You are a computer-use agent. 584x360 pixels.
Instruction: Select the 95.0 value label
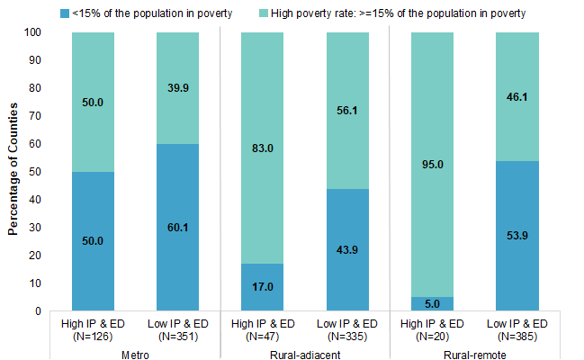(x=431, y=165)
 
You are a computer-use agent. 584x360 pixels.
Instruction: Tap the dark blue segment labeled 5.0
(x=431, y=304)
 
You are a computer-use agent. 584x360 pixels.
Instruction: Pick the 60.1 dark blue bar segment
(x=177, y=228)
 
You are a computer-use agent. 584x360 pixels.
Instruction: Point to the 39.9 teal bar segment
(x=177, y=88)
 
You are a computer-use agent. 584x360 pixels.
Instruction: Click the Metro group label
(x=135, y=353)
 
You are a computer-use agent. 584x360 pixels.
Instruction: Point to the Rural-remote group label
(x=473, y=353)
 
